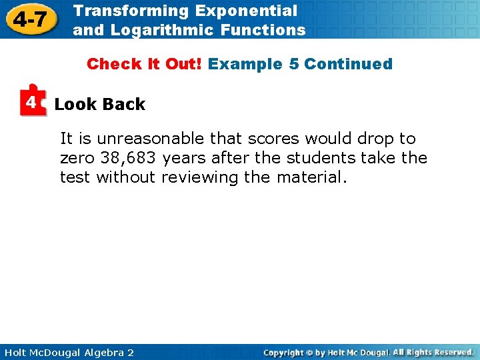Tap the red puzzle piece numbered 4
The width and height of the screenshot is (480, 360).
click(32, 101)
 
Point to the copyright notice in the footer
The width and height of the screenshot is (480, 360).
click(368, 352)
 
